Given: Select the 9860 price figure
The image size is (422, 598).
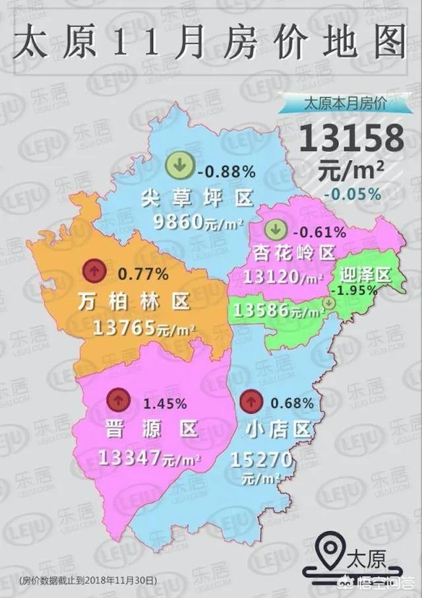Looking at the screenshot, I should tap(187, 222).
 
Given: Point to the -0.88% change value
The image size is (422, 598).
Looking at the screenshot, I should tap(226, 172).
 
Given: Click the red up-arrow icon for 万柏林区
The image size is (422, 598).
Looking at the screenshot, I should tap(95, 270).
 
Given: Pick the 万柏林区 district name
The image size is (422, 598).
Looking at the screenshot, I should tap(133, 301).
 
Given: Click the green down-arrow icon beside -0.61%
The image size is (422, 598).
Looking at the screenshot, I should tap(276, 230).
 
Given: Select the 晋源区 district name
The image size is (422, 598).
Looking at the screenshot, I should tap(151, 429).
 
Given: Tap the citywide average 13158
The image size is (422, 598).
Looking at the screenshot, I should tap(352, 139).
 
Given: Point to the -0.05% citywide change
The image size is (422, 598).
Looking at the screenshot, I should tap(352, 194).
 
